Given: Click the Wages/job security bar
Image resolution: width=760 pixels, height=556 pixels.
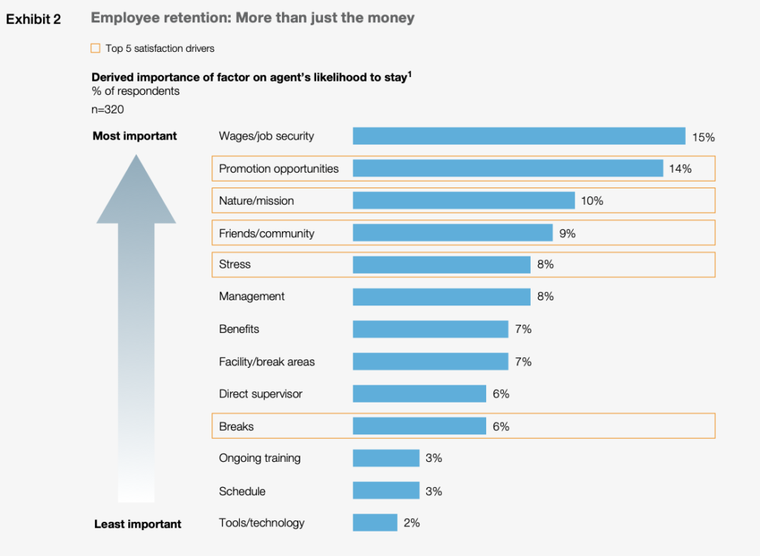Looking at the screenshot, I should [519, 136].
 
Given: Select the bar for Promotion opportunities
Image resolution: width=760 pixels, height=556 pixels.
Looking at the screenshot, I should [508, 169].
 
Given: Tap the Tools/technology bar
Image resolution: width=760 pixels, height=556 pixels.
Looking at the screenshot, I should [375, 523].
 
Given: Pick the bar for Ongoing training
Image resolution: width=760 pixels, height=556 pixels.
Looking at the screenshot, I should [386, 458].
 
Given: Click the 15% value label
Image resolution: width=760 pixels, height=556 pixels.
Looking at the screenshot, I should [703, 137].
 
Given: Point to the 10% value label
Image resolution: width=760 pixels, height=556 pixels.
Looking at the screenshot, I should [592, 201].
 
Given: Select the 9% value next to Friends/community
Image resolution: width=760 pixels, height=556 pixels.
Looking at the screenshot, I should [567, 234].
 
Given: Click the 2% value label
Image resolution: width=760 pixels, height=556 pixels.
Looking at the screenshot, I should [411, 523].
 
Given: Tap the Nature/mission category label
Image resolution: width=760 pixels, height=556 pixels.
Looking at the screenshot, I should [257, 201].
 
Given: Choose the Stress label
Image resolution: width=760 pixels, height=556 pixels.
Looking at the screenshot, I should [235, 264].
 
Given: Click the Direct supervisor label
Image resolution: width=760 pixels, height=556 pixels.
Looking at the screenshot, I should [261, 394].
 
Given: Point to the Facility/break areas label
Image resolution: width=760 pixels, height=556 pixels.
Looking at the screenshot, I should [266, 362].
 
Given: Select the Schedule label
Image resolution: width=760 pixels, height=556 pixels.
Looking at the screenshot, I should [242, 491].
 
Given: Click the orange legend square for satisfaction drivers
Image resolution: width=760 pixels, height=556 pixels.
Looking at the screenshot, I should [95, 48].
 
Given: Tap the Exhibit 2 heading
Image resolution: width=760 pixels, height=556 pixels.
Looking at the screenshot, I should [33, 19].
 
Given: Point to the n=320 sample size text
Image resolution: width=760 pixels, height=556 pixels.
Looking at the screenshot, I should [108, 110].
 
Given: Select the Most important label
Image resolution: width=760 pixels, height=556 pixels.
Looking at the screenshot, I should [134, 136].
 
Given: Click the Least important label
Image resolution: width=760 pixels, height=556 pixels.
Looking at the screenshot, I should [137, 524].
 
